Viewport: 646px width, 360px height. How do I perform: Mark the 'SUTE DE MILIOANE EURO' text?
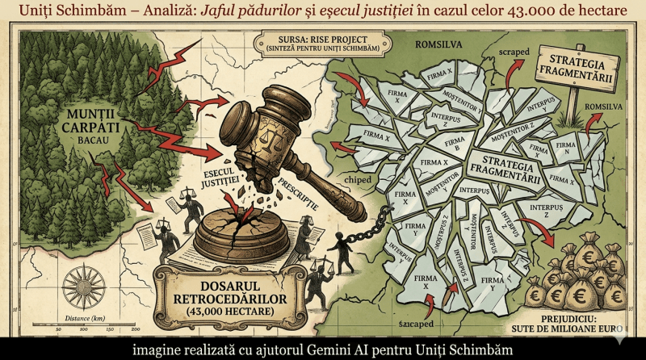click(x=577, y=329)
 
